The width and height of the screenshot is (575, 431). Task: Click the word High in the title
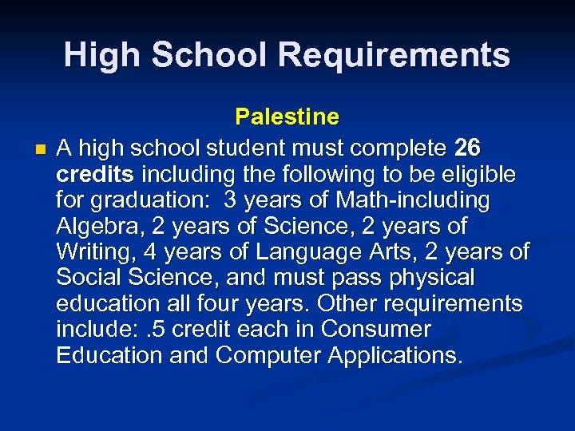pos(102,55)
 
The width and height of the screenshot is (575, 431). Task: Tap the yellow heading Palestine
pos(287,117)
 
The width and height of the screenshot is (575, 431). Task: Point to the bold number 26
pos(467,148)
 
